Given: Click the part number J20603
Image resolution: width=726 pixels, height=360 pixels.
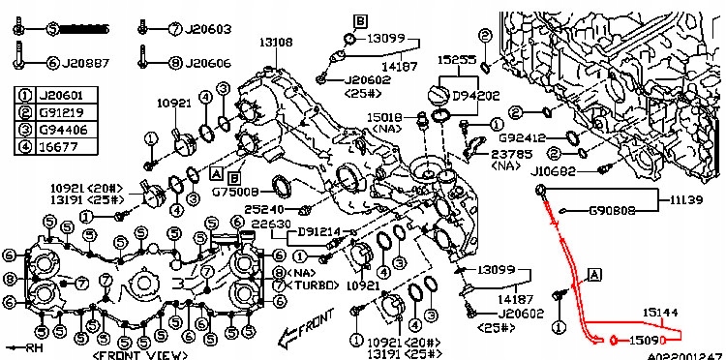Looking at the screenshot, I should pyautogui.click(x=209, y=29).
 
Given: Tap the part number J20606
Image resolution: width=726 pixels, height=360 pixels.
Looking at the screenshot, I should pyautogui.click(x=209, y=64).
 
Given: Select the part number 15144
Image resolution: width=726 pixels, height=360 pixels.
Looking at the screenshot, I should pyautogui.click(x=665, y=312).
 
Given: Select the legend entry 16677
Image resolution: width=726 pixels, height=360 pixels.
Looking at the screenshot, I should pyautogui.click(x=56, y=148).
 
